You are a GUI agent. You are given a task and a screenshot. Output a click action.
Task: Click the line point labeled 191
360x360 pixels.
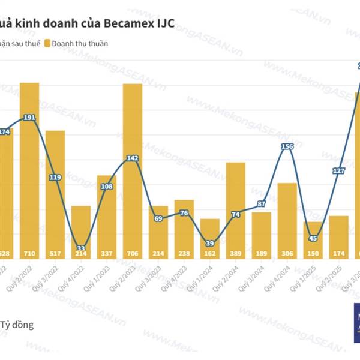point(29,118)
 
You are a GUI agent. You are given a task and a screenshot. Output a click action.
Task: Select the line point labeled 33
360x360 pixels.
point(81,248)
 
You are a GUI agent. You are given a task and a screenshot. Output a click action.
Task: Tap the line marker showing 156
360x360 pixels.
point(287,146)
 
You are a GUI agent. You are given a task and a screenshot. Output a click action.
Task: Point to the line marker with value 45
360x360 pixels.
point(313,238)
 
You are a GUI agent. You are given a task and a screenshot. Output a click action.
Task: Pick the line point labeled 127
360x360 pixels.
point(338,170)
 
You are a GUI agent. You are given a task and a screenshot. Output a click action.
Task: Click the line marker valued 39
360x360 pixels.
point(210,243)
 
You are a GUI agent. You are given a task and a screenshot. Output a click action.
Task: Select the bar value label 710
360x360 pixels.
point(29,254)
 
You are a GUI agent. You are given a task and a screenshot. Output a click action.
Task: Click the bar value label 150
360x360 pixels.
point(313,254)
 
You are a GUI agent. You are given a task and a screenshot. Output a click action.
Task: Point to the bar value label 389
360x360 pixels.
point(236,254)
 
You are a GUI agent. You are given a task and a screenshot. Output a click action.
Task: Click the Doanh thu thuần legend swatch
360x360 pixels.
point(47,43)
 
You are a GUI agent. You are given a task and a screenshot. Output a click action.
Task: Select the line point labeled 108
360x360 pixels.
point(107,187)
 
